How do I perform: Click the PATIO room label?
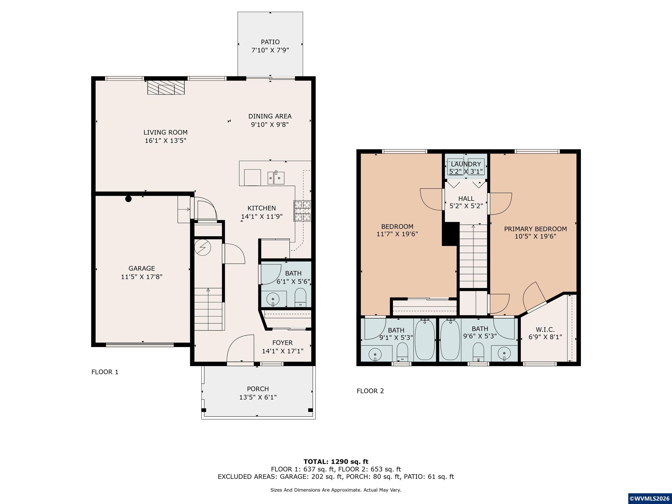270,42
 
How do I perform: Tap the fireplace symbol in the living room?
166,87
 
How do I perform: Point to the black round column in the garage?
128,199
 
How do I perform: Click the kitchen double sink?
276,178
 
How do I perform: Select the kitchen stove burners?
302,210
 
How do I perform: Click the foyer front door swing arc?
240,348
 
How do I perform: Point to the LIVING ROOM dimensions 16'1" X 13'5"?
166,141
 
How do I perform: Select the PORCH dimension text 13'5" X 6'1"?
258,397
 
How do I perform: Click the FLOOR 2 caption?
370,391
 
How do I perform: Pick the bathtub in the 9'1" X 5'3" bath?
425,340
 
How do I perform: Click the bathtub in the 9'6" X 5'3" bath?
450,340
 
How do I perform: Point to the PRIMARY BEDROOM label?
535,229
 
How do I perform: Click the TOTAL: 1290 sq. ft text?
336,462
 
